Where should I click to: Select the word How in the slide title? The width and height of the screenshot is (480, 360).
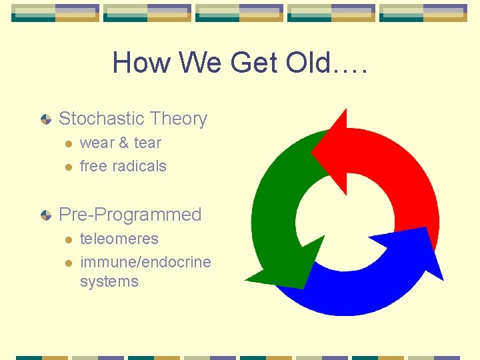(x=137, y=63)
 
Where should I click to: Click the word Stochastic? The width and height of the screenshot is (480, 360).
(x=102, y=119)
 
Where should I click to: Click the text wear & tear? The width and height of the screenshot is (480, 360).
(x=121, y=143)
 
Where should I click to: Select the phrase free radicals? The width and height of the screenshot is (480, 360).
(x=123, y=166)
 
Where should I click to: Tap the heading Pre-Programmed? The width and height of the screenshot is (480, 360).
(x=130, y=215)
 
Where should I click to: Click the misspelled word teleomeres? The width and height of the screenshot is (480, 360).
(x=119, y=239)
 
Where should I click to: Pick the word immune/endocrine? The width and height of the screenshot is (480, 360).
(x=145, y=262)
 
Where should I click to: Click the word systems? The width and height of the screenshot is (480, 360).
(x=109, y=281)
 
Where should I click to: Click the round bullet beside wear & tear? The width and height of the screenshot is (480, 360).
(x=67, y=143)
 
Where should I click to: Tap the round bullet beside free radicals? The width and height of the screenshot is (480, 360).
(x=67, y=167)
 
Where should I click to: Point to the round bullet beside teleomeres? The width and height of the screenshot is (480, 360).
(x=67, y=239)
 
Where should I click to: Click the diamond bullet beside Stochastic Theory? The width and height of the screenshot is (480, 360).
(x=45, y=119)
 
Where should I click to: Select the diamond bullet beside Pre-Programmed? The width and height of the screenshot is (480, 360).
(x=45, y=215)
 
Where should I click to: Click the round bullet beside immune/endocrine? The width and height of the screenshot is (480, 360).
(x=67, y=263)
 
